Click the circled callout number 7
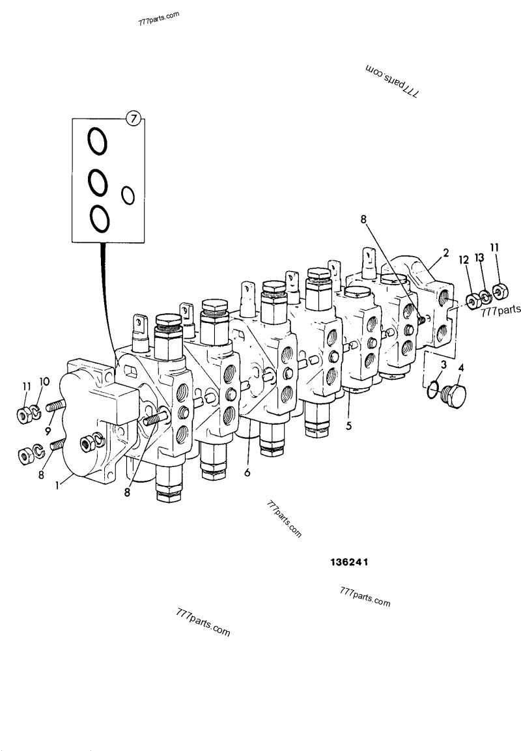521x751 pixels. pos(133,119)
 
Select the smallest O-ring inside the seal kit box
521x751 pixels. pos(128,194)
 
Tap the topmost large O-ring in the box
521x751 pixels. pos(98,142)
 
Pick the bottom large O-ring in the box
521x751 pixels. pos(99,218)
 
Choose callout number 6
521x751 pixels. pos(247,473)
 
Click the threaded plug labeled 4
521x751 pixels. pos(452,397)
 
